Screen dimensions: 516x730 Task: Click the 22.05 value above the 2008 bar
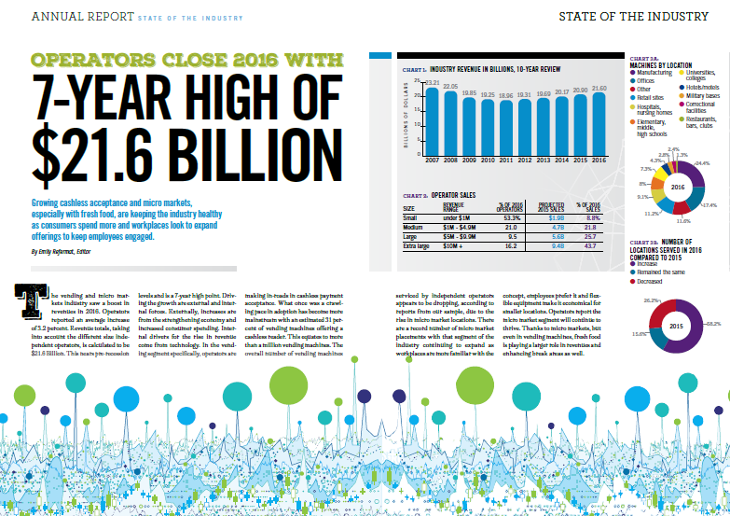point(451,86)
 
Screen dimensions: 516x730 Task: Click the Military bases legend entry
point(703,95)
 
